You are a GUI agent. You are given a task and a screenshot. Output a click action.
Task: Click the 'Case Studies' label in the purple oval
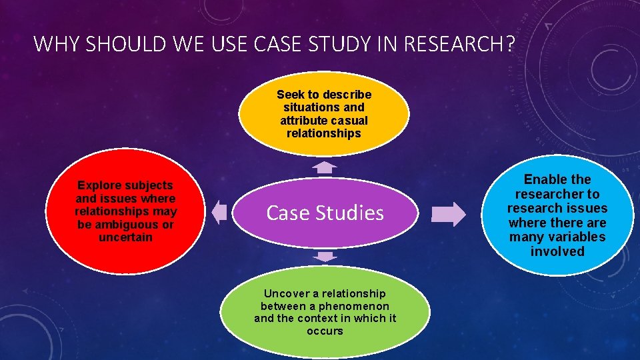pos(325,213)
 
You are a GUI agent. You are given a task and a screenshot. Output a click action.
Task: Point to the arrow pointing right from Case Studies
pos(449,213)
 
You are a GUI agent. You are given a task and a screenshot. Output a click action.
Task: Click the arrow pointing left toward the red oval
pos(219,213)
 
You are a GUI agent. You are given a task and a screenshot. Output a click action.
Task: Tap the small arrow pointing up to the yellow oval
pos(325,167)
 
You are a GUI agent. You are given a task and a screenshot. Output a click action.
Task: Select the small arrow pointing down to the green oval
pos(325,256)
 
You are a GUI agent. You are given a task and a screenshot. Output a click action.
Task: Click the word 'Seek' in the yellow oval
pos(289,95)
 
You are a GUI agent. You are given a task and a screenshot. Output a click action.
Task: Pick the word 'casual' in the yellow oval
pos(349,120)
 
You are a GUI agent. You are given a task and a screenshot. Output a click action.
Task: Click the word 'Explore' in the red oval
pos(101,185)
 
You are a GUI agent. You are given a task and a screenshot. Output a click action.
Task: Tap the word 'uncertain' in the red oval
pos(125,237)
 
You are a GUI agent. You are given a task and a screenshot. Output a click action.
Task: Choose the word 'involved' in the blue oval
pos(557,251)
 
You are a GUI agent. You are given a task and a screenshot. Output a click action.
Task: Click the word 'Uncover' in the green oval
pos(286,293)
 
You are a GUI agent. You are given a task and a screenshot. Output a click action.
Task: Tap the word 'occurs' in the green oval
pos(325,331)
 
